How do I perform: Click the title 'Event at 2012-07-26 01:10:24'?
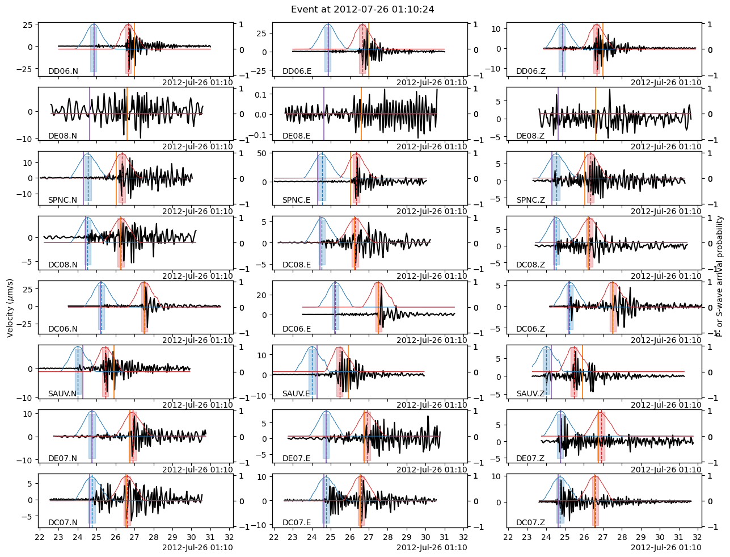pyautogui.click(x=362, y=10)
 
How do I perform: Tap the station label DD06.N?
pyautogui.click(x=63, y=72)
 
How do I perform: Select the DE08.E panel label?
pyautogui.click(x=297, y=136)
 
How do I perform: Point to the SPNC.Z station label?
pyautogui.click(x=531, y=200)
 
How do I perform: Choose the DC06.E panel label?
pyautogui.click(x=297, y=329)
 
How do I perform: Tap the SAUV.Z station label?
pyautogui.click(x=531, y=393)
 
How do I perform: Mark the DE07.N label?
pyautogui.click(x=63, y=458)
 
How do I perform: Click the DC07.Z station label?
pyautogui.click(x=530, y=522)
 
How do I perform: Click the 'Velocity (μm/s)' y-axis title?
pyautogui.click(x=10, y=309)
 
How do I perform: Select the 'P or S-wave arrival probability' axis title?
pyautogui.click(x=719, y=276)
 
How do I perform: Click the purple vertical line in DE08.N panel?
pyautogui.click(x=90, y=114)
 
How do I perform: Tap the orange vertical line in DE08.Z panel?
pyautogui.click(x=596, y=114)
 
